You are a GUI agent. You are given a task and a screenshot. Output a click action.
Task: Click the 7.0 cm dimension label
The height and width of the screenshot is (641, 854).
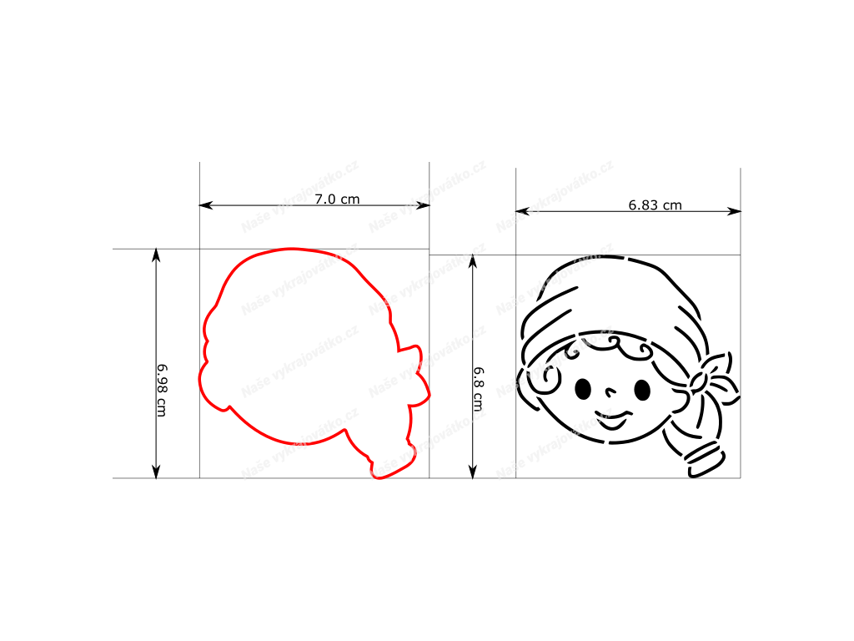pos(337,199)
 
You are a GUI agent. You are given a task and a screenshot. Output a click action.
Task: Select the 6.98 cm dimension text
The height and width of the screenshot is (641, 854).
pos(162,391)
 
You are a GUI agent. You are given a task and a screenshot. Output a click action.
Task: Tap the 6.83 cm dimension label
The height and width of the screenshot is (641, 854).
pos(655,205)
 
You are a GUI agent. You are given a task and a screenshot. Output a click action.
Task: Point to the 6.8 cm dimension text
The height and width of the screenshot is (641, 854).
pos(478,389)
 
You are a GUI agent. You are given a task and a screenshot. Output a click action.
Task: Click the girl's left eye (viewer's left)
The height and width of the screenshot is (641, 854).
pos(583,389)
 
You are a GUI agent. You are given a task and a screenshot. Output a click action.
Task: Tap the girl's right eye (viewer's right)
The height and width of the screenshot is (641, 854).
pos(643,390)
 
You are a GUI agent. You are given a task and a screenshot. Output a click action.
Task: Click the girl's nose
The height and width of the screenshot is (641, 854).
pos(611,391)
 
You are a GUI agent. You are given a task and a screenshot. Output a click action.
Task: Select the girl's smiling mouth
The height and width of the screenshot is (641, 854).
pos(612,419)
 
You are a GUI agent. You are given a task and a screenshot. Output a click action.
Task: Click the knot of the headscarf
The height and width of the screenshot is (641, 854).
pos(699,381)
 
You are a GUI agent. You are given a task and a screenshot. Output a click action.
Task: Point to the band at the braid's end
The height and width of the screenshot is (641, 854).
pos(706,461)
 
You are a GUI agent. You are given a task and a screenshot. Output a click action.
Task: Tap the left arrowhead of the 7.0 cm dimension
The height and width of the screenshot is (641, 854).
pos(206,205)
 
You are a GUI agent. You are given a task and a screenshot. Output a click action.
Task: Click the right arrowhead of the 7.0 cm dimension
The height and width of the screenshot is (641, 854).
pos(423,205)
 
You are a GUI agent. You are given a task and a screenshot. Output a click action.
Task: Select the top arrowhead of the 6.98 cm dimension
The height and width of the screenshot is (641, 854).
pos(156,255)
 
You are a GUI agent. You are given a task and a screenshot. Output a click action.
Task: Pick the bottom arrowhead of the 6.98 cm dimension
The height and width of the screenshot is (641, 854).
pos(156,472)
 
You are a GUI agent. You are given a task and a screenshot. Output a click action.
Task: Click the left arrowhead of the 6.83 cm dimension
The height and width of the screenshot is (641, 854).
pos(522,211)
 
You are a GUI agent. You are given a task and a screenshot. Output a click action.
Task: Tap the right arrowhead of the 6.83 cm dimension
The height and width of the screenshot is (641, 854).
pos(734,211)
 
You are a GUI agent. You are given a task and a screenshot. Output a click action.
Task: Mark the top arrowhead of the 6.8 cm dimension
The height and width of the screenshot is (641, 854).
pos(473,261)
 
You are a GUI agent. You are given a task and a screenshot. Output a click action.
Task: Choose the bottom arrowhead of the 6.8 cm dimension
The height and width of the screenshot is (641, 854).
pos(473,472)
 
